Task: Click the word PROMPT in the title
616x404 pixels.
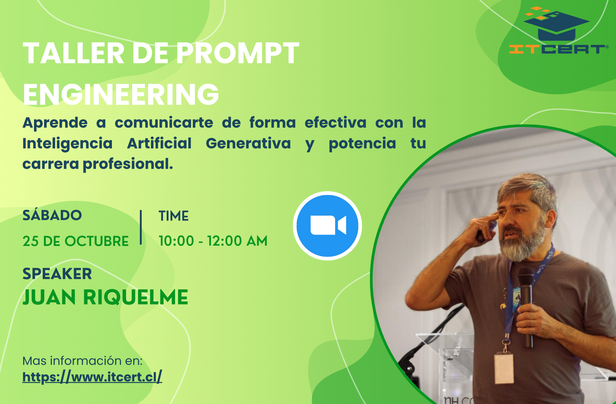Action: (237, 53)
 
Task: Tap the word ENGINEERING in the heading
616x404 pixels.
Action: (121, 94)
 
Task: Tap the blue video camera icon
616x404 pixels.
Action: (328, 225)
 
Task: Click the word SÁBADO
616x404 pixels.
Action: (52, 215)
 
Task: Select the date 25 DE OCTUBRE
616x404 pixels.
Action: (75, 241)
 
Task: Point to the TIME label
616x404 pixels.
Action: (174, 216)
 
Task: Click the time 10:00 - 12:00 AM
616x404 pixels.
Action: (213, 241)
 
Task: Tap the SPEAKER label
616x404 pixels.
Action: (57, 274)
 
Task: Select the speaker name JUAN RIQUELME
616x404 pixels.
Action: (105, 297)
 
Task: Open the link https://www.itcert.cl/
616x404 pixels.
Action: (92, 377)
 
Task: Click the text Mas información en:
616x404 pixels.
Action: (82, 361)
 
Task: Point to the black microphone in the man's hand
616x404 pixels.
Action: (526, 304)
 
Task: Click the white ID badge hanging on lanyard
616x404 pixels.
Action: (504, 369)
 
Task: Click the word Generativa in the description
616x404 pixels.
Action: (248, 143)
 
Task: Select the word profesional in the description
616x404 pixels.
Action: (128, 164)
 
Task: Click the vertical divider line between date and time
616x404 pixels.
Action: (141, 227)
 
